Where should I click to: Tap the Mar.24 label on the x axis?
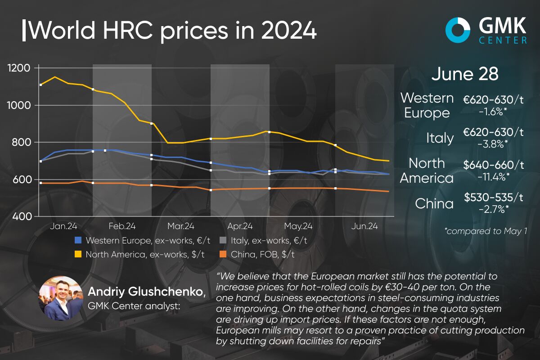point(181,226)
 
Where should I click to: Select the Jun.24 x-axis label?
point(364,226)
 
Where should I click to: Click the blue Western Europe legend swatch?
point(79,241)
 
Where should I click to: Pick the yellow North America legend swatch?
point(79,254)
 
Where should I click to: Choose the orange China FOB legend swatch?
point(224,254)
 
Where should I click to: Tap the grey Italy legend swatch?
point(224,241)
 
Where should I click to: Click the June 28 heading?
point(465,74)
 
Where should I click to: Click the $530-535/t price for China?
point(494,198)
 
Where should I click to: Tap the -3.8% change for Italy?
point(494,143)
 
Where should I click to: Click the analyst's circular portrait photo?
point(61,298)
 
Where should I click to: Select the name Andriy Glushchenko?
point(147,292)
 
